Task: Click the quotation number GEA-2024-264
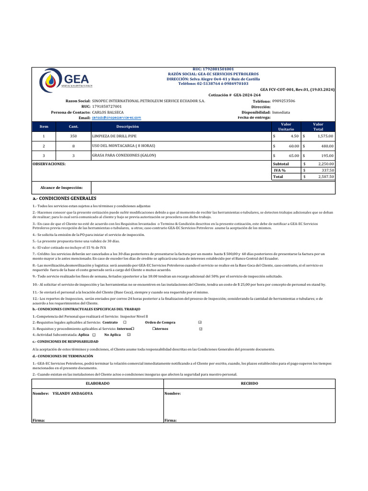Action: pos(247,95)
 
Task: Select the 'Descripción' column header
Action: pos(127,127)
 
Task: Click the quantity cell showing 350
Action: pos(73,137)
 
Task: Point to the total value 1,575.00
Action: pos(324,137)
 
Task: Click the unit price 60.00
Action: pos(293,146)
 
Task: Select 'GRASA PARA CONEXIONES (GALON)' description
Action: pos(124,155)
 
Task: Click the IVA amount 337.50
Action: pos(327,170)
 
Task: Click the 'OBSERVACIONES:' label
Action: pos(49,164)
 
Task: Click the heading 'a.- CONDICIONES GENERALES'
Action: pos(64,198)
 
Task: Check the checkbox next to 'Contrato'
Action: pos(125,322)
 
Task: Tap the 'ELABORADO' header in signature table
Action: pos(97,384)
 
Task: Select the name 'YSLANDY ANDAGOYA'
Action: pos(72,393)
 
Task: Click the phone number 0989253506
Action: pos(283,101)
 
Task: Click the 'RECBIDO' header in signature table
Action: pos(249,384)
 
